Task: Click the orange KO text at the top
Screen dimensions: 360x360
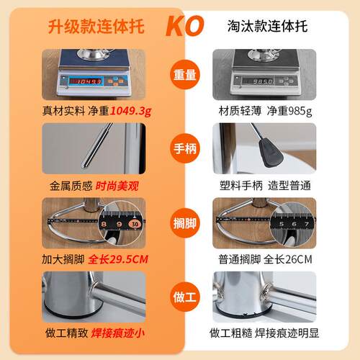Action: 185,26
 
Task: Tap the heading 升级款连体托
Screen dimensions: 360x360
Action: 96,26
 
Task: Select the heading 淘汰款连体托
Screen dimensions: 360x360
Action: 267,26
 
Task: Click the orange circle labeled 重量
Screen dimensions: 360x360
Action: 185,75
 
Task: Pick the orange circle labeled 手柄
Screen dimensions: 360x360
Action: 185,148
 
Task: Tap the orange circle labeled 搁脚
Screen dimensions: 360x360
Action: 185,223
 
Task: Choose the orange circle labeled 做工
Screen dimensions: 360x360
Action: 185,297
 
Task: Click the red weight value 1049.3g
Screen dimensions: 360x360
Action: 131,111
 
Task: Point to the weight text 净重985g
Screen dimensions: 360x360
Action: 289,111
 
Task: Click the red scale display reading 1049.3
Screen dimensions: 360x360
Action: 86,81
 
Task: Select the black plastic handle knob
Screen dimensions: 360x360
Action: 271,153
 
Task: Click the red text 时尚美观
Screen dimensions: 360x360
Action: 117,186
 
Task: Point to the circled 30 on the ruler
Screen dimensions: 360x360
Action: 135,224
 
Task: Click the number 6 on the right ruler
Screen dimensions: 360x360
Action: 294,224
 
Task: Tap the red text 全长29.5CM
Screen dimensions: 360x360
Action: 118,259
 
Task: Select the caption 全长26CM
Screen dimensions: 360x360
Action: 288,259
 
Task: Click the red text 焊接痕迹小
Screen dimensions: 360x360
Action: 117,333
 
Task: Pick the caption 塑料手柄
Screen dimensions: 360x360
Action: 241,186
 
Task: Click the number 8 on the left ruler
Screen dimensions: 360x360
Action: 104,224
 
